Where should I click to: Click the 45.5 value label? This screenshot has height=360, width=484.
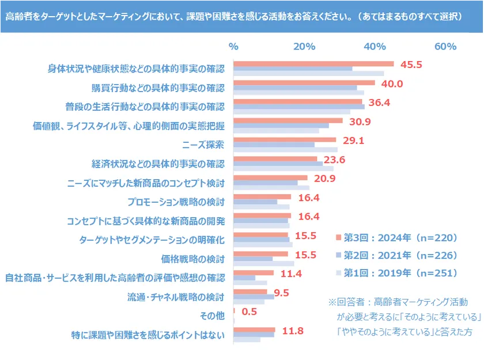point(411,65)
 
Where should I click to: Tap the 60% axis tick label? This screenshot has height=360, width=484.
point(445,47)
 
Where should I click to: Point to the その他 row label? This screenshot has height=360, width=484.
point(212,316)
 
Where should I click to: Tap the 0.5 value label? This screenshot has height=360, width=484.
point(249,312)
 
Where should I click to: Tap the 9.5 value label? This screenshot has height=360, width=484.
point(281,293)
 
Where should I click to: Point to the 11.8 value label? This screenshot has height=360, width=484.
point(292,331)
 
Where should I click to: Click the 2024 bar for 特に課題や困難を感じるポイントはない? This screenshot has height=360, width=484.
point(254,330)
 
